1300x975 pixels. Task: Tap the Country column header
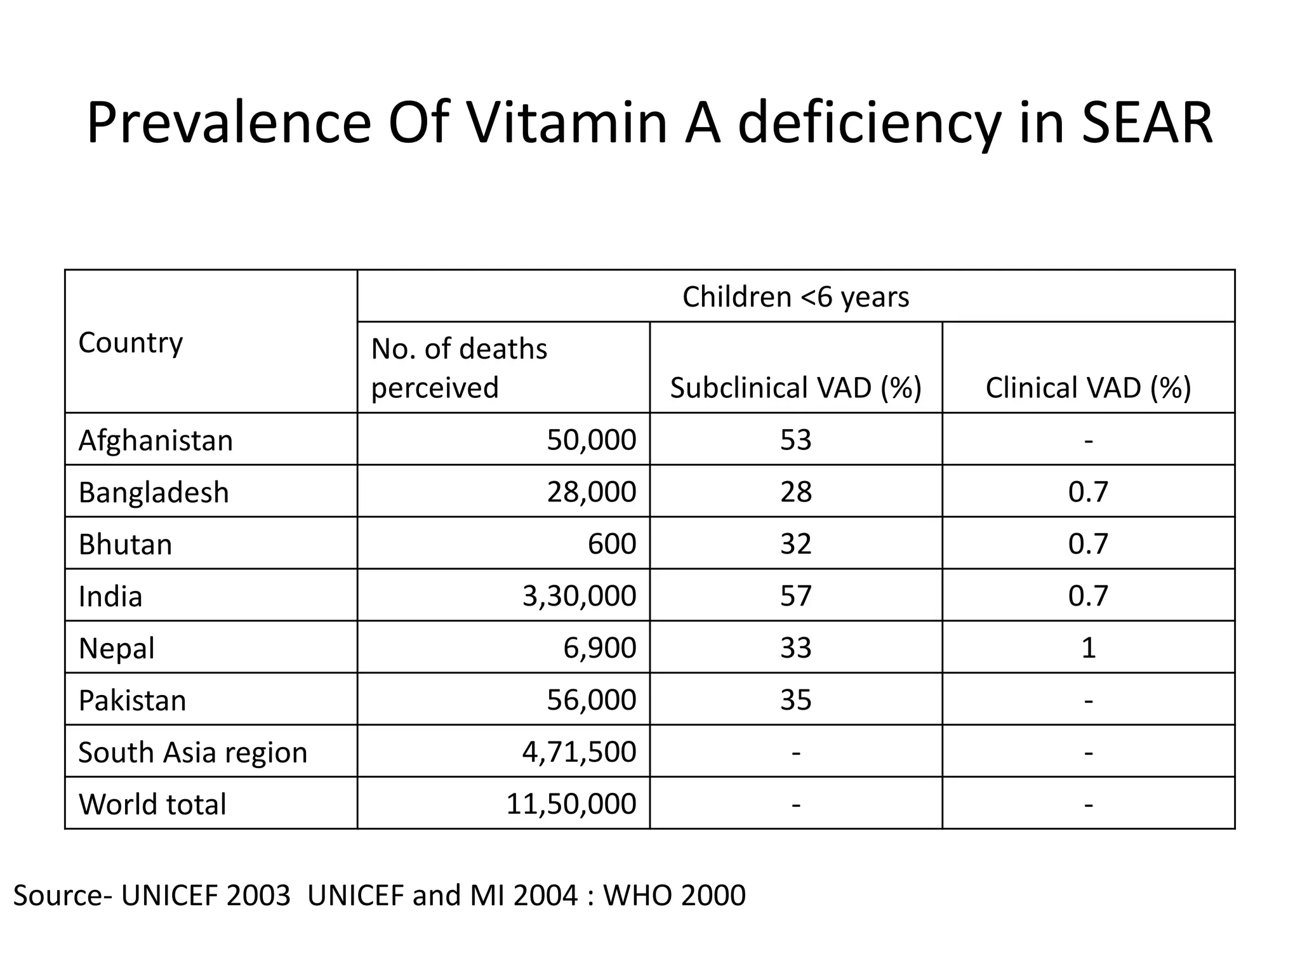(x=130, y=343)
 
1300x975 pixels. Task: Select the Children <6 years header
(x=795, y=296)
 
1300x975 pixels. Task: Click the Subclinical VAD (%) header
(x=795, y=387)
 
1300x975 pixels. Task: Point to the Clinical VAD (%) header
(x=1088, y=387)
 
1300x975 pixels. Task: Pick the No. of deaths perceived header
(x=458, y=368)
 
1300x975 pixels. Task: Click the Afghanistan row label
(x=156, y=440)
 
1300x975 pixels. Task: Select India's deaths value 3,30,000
(x=579, y=595)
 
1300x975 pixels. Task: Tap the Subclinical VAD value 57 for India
(x=795, y=595)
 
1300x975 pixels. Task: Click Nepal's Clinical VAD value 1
(x=1088, y=647)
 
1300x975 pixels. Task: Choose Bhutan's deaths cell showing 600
(x=611, y=543)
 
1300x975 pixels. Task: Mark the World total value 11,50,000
(x=571, y=804)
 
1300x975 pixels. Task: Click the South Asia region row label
(x=192, y=752)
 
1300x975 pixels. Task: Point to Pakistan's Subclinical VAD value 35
(x=795, y=700)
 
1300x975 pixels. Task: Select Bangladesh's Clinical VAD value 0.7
(x=1088, y=492)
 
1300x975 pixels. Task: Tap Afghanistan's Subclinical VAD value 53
(x=795, y=440)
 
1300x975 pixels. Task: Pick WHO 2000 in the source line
(x=673, y=896)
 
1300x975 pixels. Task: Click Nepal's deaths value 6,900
(x=599, y=647)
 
